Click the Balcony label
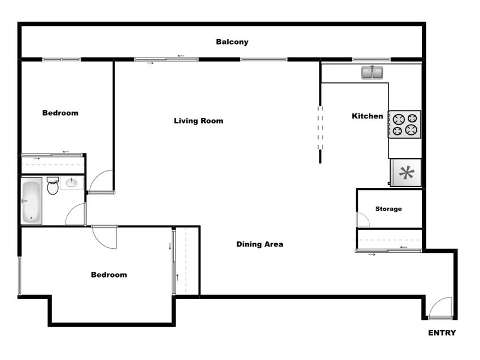232,42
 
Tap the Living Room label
198,121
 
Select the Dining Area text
260,244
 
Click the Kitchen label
368,116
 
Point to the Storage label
389,209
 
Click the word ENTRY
442,333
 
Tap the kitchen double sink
372,73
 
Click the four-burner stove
404,124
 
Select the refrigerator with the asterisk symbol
406,173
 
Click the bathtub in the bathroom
31,200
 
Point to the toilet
53,186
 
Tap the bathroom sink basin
72,183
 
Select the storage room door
361,219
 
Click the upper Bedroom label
60,113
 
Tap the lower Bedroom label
109,275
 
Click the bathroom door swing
76,215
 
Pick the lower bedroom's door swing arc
105,237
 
